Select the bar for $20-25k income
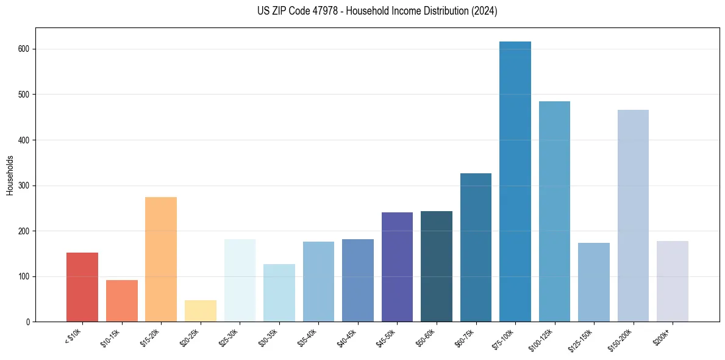click(x=200, y=311)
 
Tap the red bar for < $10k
click(x=82, y=287)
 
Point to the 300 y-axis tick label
click(x=26, y=185)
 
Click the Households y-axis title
click(x=10, y=175)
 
